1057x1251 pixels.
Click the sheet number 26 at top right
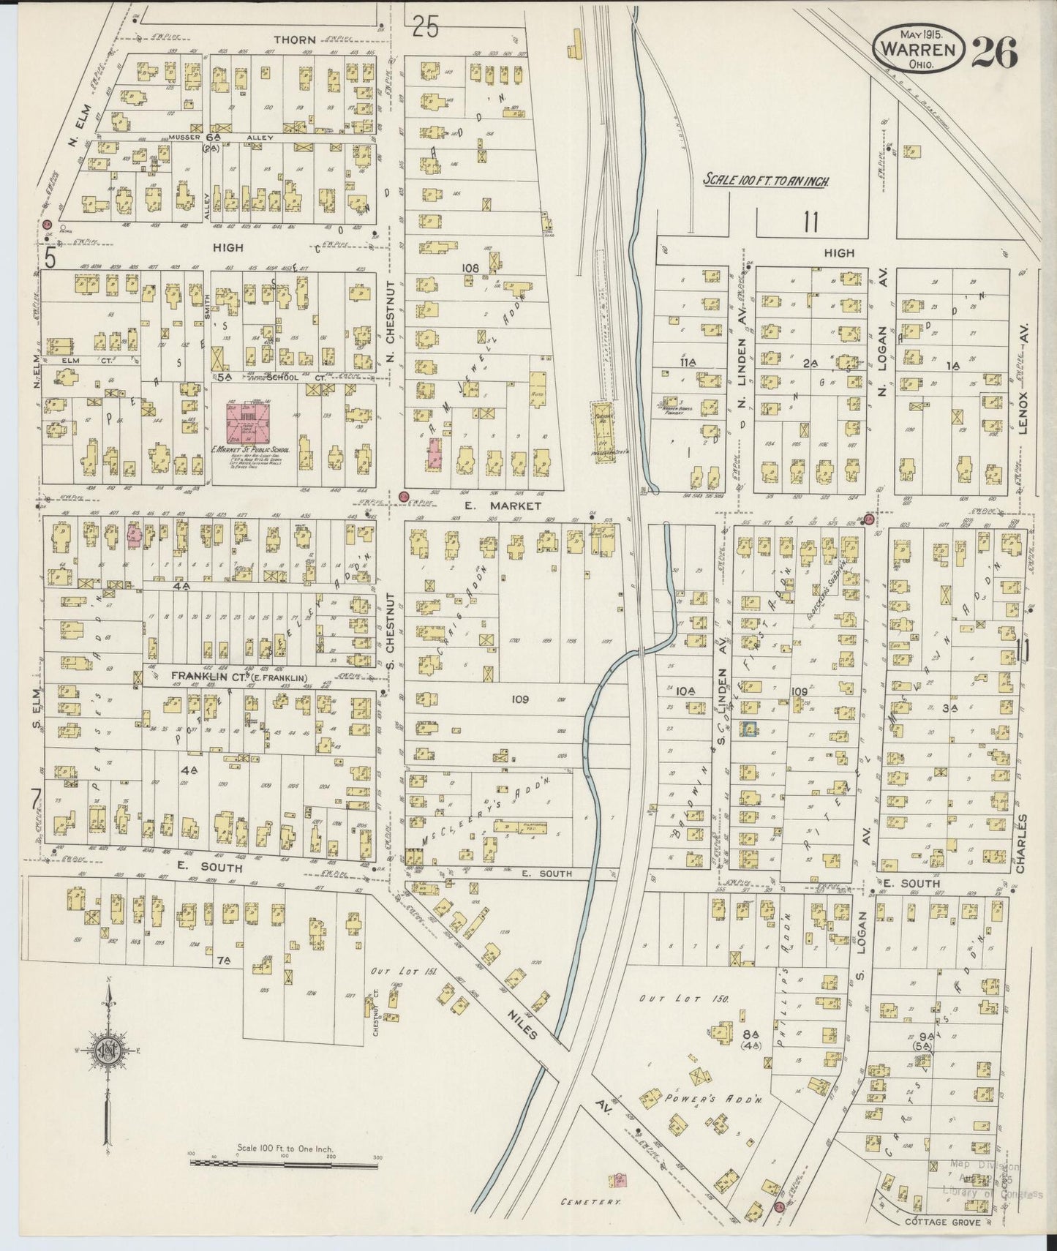tap(994, 52)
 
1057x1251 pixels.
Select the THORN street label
tap(294, 40)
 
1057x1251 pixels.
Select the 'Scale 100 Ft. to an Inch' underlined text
tap(766, 179)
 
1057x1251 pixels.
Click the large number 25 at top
tap(425, 27)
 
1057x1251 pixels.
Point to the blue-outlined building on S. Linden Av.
tap(748, 729)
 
